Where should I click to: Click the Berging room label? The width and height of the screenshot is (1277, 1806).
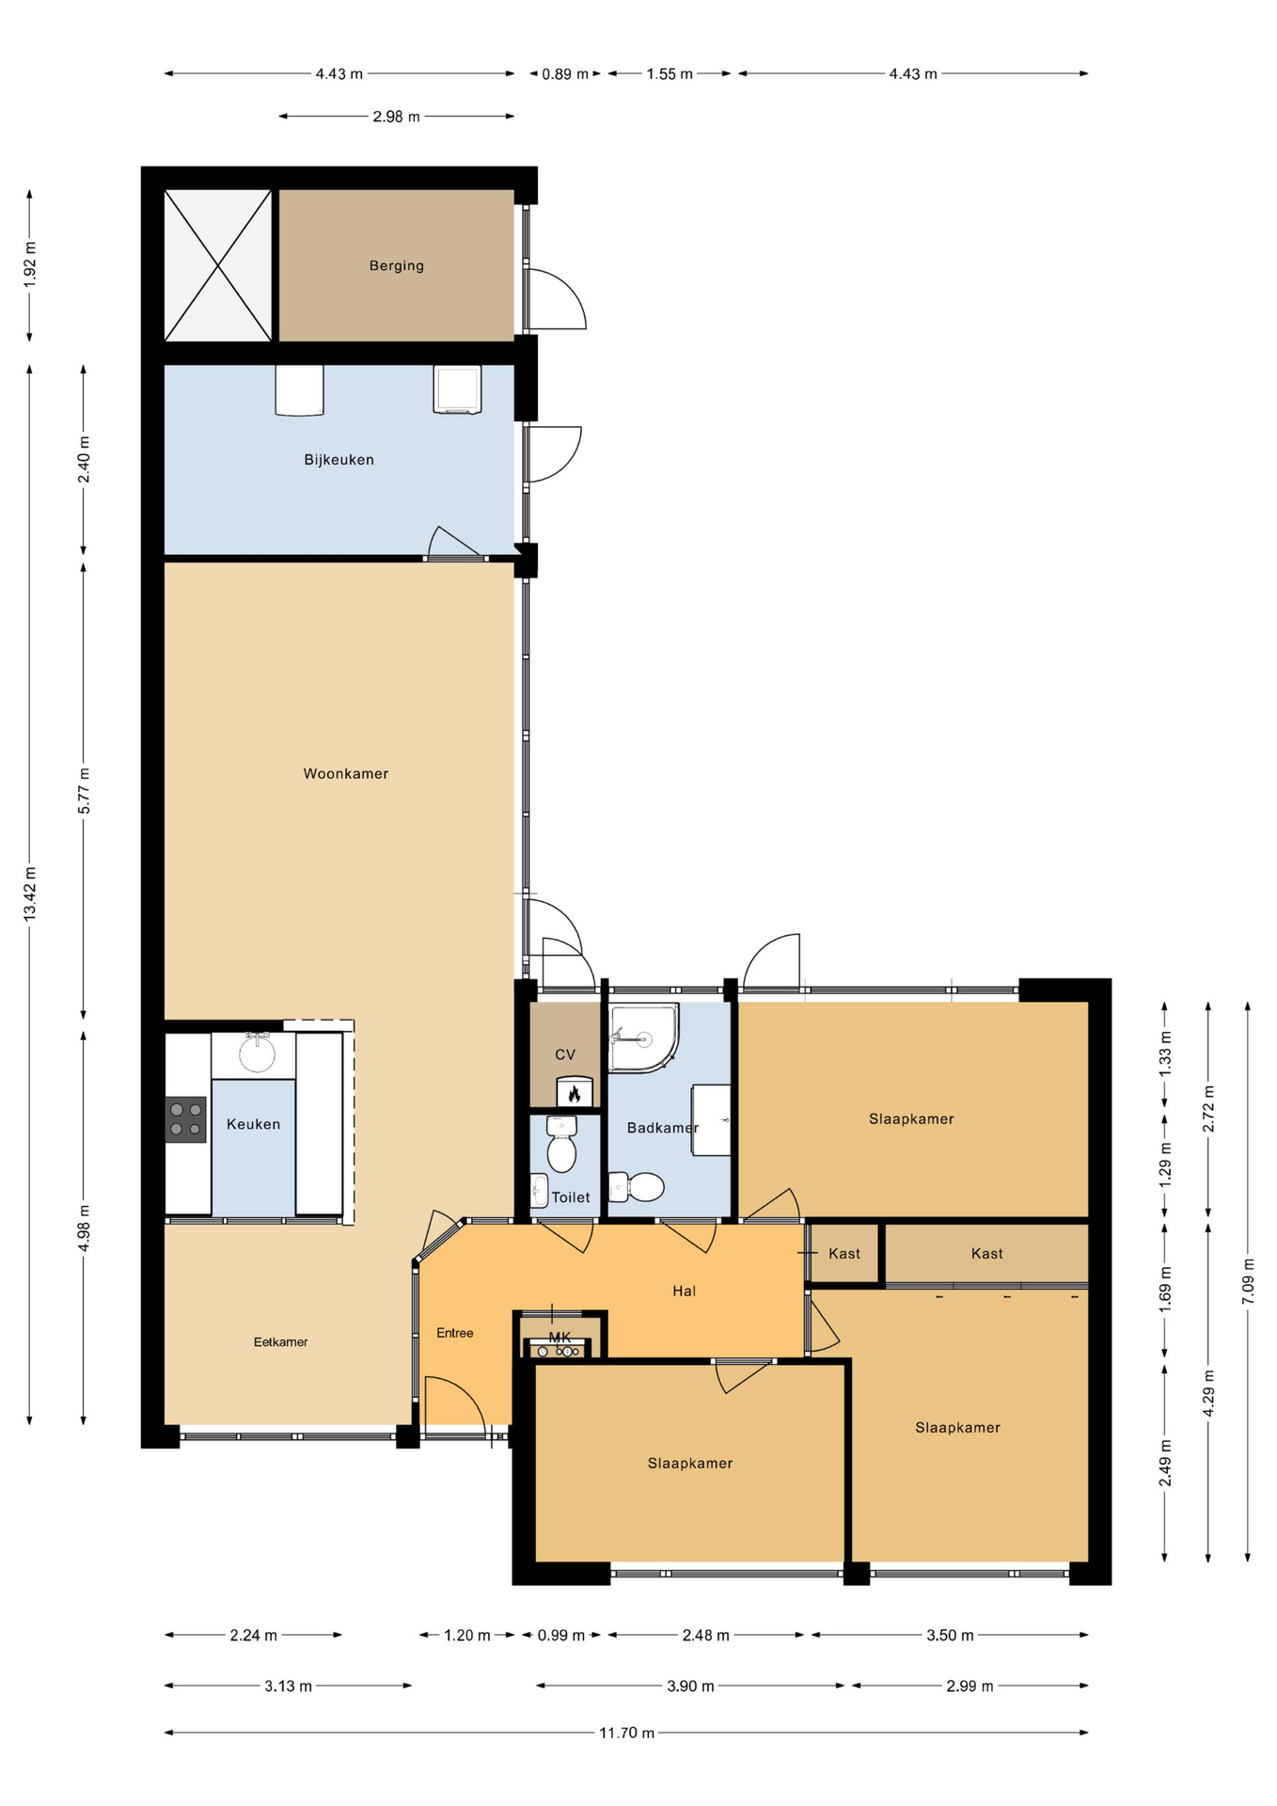pyautogui.click(x=396, y=265)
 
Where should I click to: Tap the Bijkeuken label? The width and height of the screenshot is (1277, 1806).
pyautogui.click(x=339, y=460)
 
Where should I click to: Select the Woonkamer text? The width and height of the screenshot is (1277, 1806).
pyautogui.click(x=345, y=773)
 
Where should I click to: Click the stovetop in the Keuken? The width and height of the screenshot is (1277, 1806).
pyautogui.click(x=185, y=1119)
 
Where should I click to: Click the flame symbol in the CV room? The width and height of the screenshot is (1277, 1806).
pyautogui.click(x=574, y=1093)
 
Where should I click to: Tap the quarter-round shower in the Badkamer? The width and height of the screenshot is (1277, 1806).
pyautogui.click(x=643, y=1038)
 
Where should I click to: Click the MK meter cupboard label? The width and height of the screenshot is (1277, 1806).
pyautogui.click(x=560, y=1337)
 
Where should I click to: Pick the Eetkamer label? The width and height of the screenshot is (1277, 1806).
pyautogui.click(x=280, y=1342)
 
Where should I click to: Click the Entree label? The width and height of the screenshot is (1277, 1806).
pyautogui.click(x=455, y=1333)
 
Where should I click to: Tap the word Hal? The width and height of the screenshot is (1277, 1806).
pyautogui.click(x=684, y=1291)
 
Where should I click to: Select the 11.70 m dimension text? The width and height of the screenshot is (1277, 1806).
pyautogui.click(x=627, y=1732)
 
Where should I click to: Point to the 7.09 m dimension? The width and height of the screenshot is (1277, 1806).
pyautogui.click(x=1248, y=1281)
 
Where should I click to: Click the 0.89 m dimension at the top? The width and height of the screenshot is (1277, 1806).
pyautogui.click(x=565, y=73)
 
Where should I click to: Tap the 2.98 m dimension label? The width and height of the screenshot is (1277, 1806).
pyautogui.click(x=396, y=117)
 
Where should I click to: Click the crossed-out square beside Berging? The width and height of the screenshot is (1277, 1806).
pyautogui.click(x=218, y=265)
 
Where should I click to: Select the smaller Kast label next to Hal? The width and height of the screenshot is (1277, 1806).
pyautogui.click(x=843, y=1253)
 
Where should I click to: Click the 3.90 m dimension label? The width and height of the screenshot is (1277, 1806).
pyautogui.click(x=690, y=1686)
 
